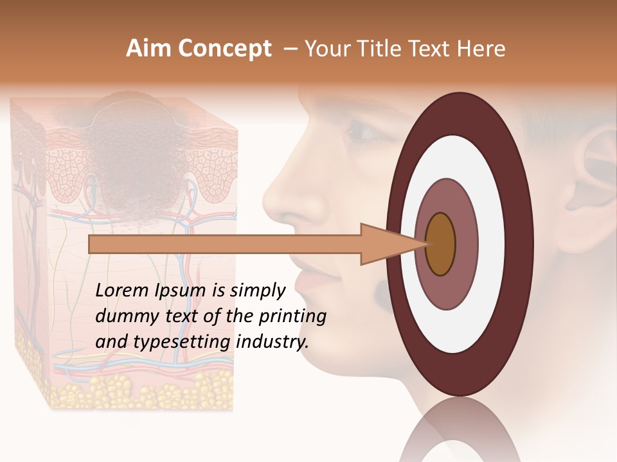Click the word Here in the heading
pos(481,49)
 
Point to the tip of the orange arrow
pos(429,244)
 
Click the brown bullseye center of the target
pos(441,244)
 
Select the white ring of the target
pos(488,244)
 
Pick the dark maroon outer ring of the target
pos(521,244)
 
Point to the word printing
pos(292,316)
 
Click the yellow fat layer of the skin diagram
pos(129,388)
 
